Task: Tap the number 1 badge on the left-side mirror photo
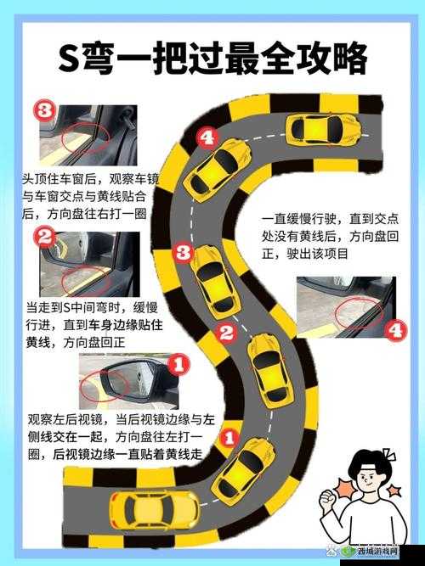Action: pos(177,366)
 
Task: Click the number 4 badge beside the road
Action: pos(206,137)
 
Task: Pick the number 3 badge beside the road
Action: pos(181,251)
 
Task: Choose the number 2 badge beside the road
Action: pos(225,333)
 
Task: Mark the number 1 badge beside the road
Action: pos(227,438)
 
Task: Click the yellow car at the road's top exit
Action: pos(321,130)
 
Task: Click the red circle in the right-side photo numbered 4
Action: pos(358,311)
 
